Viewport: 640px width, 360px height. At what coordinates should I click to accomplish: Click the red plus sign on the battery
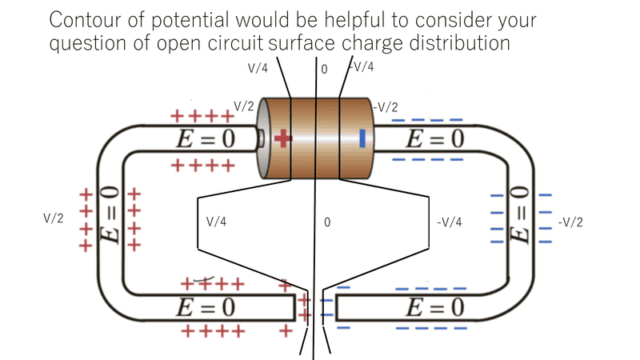click(282, 138)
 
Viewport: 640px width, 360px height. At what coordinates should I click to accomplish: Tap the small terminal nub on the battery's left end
click(260, 138)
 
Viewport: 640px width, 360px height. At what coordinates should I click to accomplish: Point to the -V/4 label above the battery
click(362, 68)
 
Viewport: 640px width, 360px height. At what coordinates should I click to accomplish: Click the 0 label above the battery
click(324, 70)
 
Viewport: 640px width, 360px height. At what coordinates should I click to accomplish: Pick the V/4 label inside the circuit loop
click(217, 222)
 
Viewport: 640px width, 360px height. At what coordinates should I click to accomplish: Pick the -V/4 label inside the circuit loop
click(450, 222)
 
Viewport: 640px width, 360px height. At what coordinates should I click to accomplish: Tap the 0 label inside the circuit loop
click(327, 222)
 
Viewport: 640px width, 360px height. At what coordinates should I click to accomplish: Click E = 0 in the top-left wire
click(205, 139)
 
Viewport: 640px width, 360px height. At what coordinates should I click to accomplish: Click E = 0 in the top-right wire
click(434, 139)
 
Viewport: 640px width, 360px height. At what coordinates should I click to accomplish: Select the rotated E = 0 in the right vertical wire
click(520, 214)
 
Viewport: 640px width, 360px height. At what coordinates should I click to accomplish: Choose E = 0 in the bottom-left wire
click(205, 307)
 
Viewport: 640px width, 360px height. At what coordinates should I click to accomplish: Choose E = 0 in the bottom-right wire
click(434, 307)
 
